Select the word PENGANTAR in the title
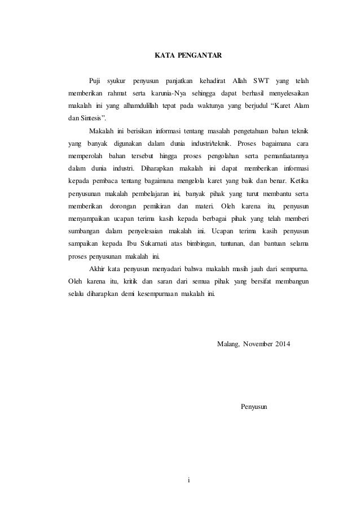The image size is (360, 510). (x=199, y=56)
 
